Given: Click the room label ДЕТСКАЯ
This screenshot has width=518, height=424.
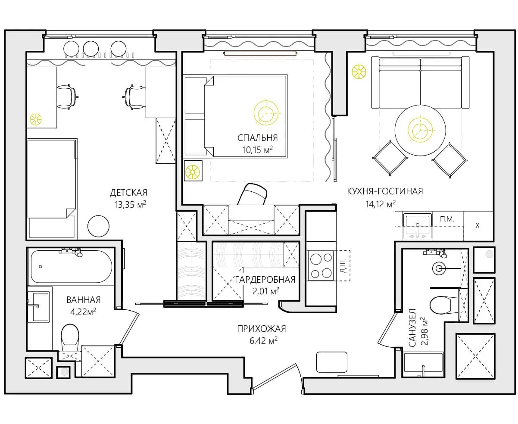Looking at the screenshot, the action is click(x=128, y=193).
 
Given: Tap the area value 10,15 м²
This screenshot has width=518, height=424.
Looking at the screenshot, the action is click(x=257, y=150).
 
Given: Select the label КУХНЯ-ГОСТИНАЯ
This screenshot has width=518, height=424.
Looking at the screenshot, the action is click(x=385, y=191).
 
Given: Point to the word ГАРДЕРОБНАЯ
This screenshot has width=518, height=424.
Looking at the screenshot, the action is click(x=265, y=280).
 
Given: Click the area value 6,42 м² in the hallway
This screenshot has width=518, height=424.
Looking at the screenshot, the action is click(x=263, y=340).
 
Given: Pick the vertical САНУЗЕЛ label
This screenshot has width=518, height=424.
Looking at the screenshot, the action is click(x=412, y=327).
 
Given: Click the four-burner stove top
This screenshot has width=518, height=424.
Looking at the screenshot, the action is click(x=321, y=265).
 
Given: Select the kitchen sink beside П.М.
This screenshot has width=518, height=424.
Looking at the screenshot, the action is click(x=417, y=226).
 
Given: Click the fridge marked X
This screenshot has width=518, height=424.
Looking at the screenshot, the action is click(x=478, y=226).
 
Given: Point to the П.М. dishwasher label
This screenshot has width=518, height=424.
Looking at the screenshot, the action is click(x=447, y=219).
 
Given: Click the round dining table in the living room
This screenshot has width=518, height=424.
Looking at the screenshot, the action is click(x=420, y=131).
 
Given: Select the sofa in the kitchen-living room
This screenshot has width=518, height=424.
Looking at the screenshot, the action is click(x=420, y=82).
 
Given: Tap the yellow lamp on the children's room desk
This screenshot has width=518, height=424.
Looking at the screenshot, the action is click(x=36, y=120).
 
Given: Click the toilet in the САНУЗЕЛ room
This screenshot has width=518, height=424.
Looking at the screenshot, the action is click(x=443, y=306).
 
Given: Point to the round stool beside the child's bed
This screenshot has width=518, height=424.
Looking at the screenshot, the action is click(x=99, y=226).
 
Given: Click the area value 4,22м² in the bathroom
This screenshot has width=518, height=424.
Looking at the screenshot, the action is click(x=83, y=312).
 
